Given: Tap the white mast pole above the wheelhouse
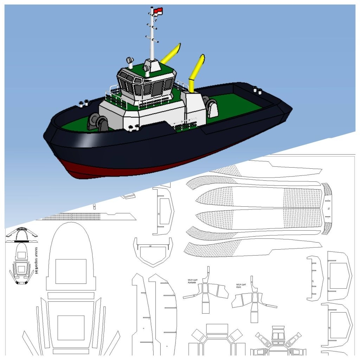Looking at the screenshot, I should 152,39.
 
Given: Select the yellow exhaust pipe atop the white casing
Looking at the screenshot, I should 197,72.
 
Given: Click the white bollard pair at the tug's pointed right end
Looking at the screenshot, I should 258,91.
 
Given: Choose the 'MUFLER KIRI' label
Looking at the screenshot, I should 241,285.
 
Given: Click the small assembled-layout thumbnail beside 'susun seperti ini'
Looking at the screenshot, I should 22,264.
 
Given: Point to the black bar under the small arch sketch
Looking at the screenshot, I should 22,242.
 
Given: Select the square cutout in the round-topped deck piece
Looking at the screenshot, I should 71,271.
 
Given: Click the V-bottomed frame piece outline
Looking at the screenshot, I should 153,252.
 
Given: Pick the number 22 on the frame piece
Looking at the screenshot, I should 159,214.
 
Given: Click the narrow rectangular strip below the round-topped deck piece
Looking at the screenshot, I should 71,296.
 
